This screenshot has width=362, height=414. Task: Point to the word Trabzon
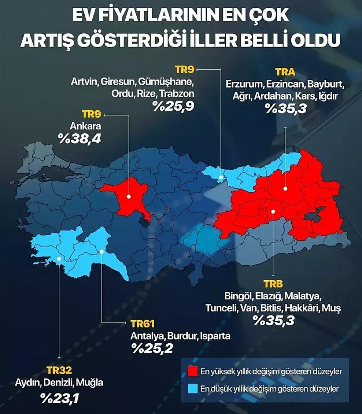pos(176,93)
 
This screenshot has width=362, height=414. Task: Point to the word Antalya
pos(145,336)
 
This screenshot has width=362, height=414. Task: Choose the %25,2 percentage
pos(152,349)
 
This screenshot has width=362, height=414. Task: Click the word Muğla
pos(89,382)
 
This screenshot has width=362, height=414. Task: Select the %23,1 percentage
pos(60,399)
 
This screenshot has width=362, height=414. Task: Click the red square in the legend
pos(192,371)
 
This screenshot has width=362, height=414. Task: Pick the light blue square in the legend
pos(192,388)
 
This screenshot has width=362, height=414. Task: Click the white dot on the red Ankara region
pos(129,196)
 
